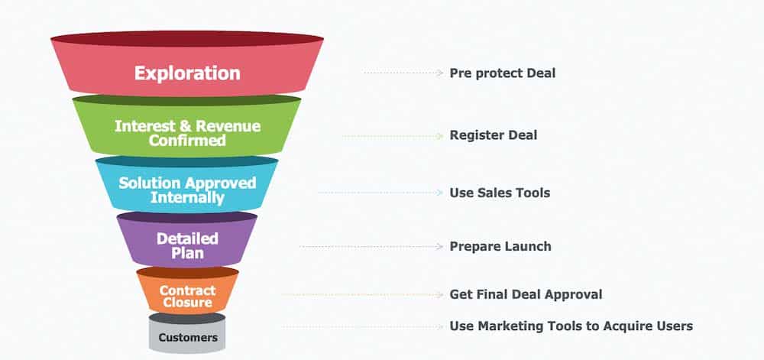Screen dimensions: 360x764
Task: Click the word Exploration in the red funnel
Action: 187,73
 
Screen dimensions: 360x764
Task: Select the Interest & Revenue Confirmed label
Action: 187,133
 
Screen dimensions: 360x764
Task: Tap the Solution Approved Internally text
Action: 187,190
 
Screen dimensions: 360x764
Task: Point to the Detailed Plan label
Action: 187,245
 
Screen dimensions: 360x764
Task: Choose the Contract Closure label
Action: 187,296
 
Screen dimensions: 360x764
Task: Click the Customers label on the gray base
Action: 187,337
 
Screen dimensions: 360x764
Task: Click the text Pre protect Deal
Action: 502,73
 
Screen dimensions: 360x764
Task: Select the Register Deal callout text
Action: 493,135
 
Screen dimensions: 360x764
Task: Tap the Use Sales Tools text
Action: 500,193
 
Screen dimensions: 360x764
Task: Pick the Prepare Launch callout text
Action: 500,246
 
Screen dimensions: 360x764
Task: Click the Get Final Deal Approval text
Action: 526,294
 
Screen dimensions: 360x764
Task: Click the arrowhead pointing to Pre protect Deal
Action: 440,73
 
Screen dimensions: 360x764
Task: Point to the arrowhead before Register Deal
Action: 440,135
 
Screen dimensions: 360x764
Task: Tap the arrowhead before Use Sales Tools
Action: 440,193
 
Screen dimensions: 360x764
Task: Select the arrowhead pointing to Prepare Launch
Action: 440,246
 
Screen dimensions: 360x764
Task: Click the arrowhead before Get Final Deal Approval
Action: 440,294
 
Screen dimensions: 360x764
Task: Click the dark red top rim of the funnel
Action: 187,38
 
